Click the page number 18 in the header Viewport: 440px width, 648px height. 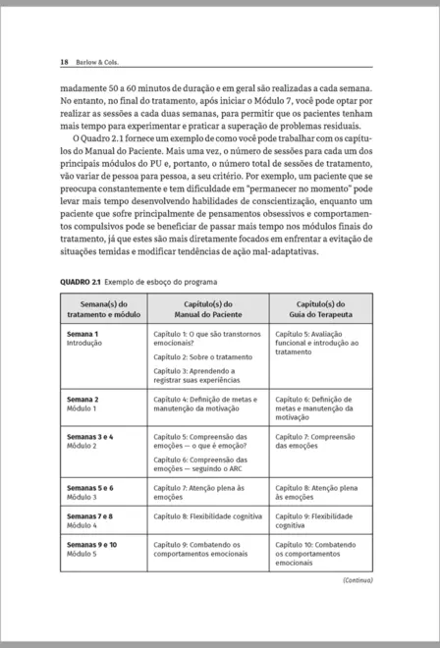tap(64, 63)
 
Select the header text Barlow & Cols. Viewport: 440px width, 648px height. tap(96, 63)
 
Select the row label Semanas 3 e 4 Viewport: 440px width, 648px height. tap(89, 435)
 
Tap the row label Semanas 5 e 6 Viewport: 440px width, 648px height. tap(89, 487)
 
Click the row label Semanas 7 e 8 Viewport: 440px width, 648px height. tap(89, 515)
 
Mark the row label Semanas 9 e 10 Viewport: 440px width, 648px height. tap(91, 544)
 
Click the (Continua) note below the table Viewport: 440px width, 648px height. tap(357, 579)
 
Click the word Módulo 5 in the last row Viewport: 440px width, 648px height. tap(82, 554)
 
